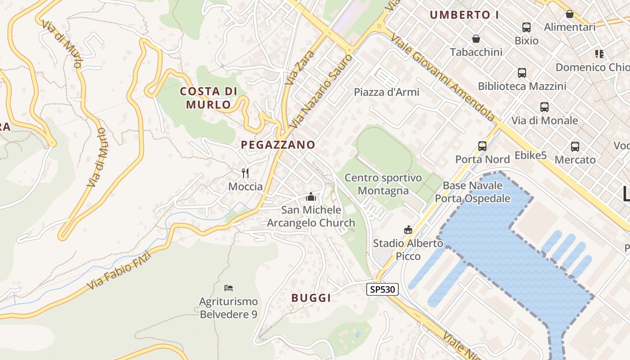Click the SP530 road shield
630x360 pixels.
coord(382,289)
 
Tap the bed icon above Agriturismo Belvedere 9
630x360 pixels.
coord(229,288)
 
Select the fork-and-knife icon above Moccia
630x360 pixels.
coord(245,173)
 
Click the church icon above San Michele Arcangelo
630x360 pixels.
coord(310,197)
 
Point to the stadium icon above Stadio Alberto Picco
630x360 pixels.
coord(408,230)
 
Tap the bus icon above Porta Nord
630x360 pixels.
coord(482,146)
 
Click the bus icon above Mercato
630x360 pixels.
coord(575,146)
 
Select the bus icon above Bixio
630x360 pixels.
coord(526,27)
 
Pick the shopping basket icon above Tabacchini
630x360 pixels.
coord(476,39)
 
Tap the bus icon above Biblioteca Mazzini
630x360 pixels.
coord(522,72)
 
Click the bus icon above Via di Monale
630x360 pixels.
coord(544,107)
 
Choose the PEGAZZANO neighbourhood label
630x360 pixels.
coord(278,145)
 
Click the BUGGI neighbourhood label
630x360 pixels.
coord(311,298)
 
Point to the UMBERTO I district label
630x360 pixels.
coord(464,15)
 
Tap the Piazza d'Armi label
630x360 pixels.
coord(387,92)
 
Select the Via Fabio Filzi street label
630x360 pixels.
coord(119,270)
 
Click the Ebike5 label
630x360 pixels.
coord(531,156)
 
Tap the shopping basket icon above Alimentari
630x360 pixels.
coord(570,14)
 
